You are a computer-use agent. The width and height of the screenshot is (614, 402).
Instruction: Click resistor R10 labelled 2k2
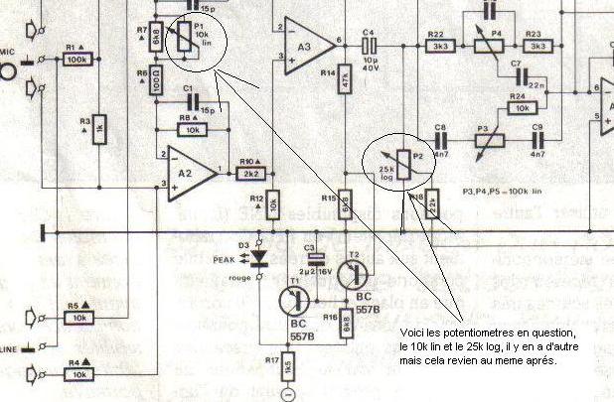[x=247, y=172]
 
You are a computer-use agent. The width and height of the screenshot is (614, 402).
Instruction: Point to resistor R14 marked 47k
[x=344, y=79]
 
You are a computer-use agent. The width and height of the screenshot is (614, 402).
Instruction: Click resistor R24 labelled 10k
[x=518, y=106]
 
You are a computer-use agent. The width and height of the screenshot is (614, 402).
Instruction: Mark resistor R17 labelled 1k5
[x=288, y=365]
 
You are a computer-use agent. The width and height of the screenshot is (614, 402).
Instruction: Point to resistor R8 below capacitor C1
[x=192, y=129]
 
